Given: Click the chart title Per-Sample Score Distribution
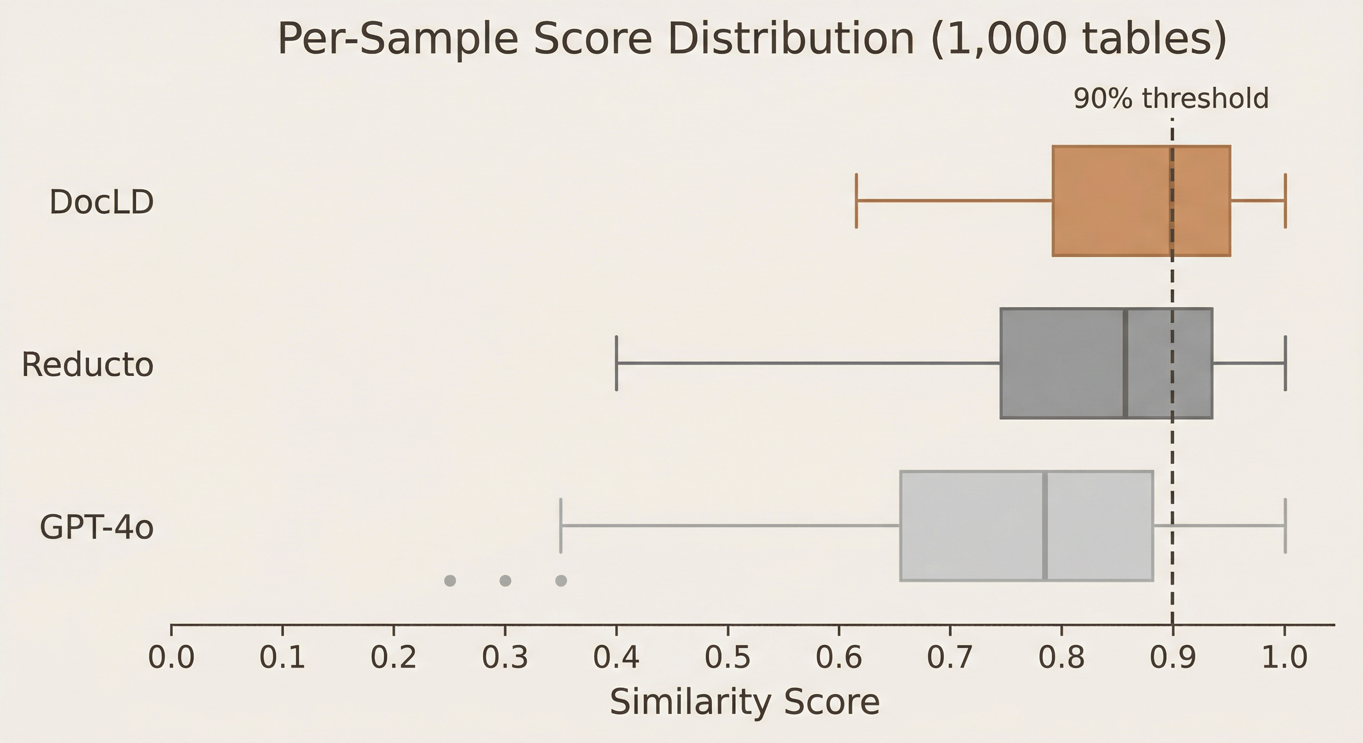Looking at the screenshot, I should click(x=751, y=40).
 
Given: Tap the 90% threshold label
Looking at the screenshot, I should click(x=1170, y=99).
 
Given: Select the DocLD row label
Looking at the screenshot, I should click(x=102, y=202).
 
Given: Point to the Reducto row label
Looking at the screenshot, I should click(x=87, y=364).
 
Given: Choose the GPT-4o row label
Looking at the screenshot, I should click(x=97, y=527).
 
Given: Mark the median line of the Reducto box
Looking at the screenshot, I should click(x=1125, y=363).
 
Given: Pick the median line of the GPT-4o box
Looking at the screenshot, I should click(x=1045, y=526).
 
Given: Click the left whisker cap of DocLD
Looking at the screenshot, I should click(x=856, y=201).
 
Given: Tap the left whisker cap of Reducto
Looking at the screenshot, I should click(x=617, y=363).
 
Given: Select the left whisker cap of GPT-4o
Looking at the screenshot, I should click(x=561, y=526).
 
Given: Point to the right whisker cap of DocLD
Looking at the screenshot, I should click(x=1285, y=201).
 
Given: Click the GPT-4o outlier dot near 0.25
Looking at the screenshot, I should click(x=450, y=580).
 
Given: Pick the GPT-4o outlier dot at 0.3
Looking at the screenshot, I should click(x=505, y=580).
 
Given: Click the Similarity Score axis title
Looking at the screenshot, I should click(x=744, y=702).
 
